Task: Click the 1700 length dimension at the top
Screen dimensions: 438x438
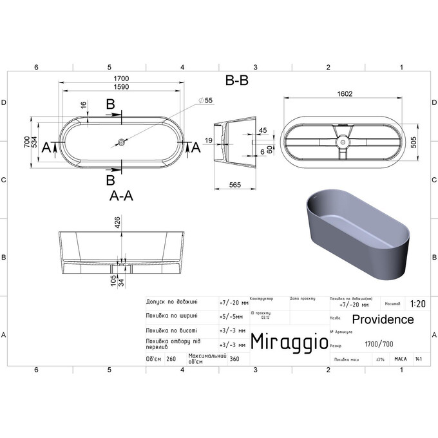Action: point(122,79)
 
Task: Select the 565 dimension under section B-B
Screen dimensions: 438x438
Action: point(234,186)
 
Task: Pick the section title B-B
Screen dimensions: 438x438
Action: point(236,81)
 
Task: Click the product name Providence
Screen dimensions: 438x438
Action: point(383,319)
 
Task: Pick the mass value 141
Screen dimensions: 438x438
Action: point(419,359)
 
